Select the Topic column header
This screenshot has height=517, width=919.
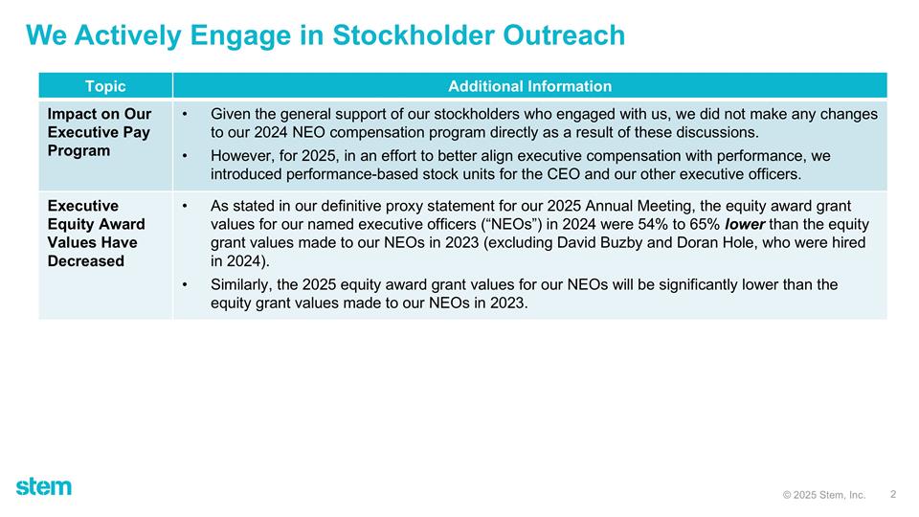pyautogui.click(x=105, y=86)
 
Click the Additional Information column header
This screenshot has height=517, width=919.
pyautogui.click(x=529, y=86)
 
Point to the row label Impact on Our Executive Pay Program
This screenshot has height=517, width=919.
pyautogui.click(x=100, y=132)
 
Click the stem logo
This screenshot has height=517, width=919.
pyautogui.click(x=43, y=486)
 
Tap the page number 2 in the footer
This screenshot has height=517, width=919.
pyautogui.click(x=892, y=494)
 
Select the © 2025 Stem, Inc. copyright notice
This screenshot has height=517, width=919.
pyautogui.click(x=823, y=495)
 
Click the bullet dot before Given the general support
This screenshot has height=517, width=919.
pyautogui.click(x=184, y=114)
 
